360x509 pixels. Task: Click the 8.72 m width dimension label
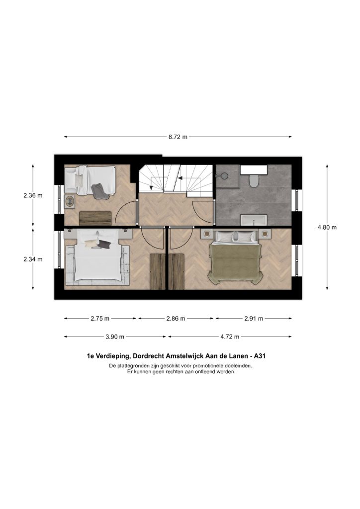point(178,137)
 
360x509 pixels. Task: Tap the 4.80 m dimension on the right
point(327,227)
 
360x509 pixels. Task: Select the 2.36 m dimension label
point(33,195)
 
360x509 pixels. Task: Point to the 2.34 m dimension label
point(33,259)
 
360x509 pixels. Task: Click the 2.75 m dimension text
point(100,319)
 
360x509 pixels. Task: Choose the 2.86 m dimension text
point(176,319)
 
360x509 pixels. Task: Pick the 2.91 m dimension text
point(254,319)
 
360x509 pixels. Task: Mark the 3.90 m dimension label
point(115,337)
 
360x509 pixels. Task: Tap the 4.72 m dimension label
point(230,337)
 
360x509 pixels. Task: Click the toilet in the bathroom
point(254,180)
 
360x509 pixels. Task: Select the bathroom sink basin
point(254,220)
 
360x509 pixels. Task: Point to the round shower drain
point(223,175)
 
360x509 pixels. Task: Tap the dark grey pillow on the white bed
point(104,245)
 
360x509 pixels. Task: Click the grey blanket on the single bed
point(100,191)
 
